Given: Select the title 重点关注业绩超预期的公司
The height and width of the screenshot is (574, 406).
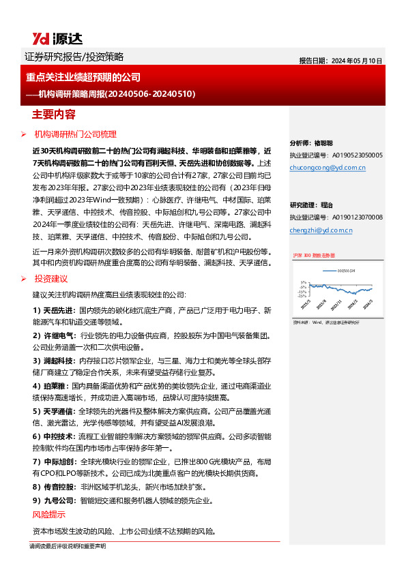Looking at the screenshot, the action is (x=83, y=78).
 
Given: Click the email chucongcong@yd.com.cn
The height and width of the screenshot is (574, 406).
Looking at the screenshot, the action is (x=328, y=167).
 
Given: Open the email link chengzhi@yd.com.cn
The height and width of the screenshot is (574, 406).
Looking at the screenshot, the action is (x=321, y=230).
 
